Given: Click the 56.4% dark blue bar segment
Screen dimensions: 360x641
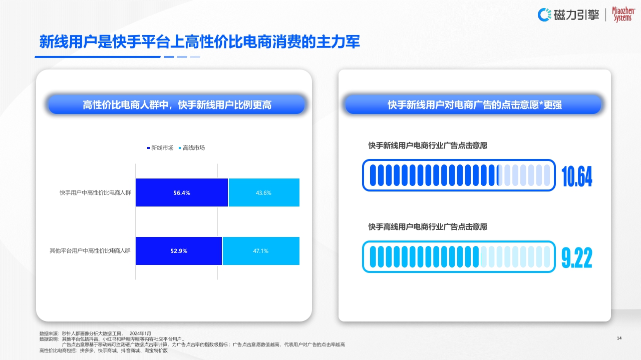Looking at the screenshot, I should click(x=182, y=192).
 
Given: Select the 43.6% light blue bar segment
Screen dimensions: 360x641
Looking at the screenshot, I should click(x=264, y=192).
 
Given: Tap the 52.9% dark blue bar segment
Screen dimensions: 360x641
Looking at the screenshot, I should click(x=179, y=251).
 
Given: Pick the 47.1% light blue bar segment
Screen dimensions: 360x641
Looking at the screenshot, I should click(x=261, y=251).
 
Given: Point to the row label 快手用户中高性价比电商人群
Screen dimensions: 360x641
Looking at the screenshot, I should click(x=95, y=192).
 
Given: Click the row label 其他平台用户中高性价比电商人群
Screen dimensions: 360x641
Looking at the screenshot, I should click(x=90, y=251).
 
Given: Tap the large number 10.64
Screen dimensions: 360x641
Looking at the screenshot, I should click(x=577, y=176).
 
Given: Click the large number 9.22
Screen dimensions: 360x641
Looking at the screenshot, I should click(x=577, y=257).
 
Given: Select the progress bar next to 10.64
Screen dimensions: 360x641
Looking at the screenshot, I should click(x=459, y=175).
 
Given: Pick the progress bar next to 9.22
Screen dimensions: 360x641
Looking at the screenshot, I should click(x=459, y=256).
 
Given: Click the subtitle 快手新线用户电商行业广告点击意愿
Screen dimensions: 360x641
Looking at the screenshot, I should click(x=428, y=145).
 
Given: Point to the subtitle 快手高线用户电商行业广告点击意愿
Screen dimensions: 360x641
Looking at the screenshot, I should click(x=428, y=226).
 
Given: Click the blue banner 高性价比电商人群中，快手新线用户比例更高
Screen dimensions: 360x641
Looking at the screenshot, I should click(x=176, y=104).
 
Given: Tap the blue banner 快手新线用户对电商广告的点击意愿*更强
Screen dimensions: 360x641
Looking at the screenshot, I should click(x=474, y=104).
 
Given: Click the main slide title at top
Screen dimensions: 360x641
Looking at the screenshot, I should click(x=200, y=42).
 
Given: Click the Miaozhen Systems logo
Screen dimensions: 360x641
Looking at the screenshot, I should click(x=622, y=15).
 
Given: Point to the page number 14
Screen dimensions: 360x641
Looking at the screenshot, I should click(x=619, y=338).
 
